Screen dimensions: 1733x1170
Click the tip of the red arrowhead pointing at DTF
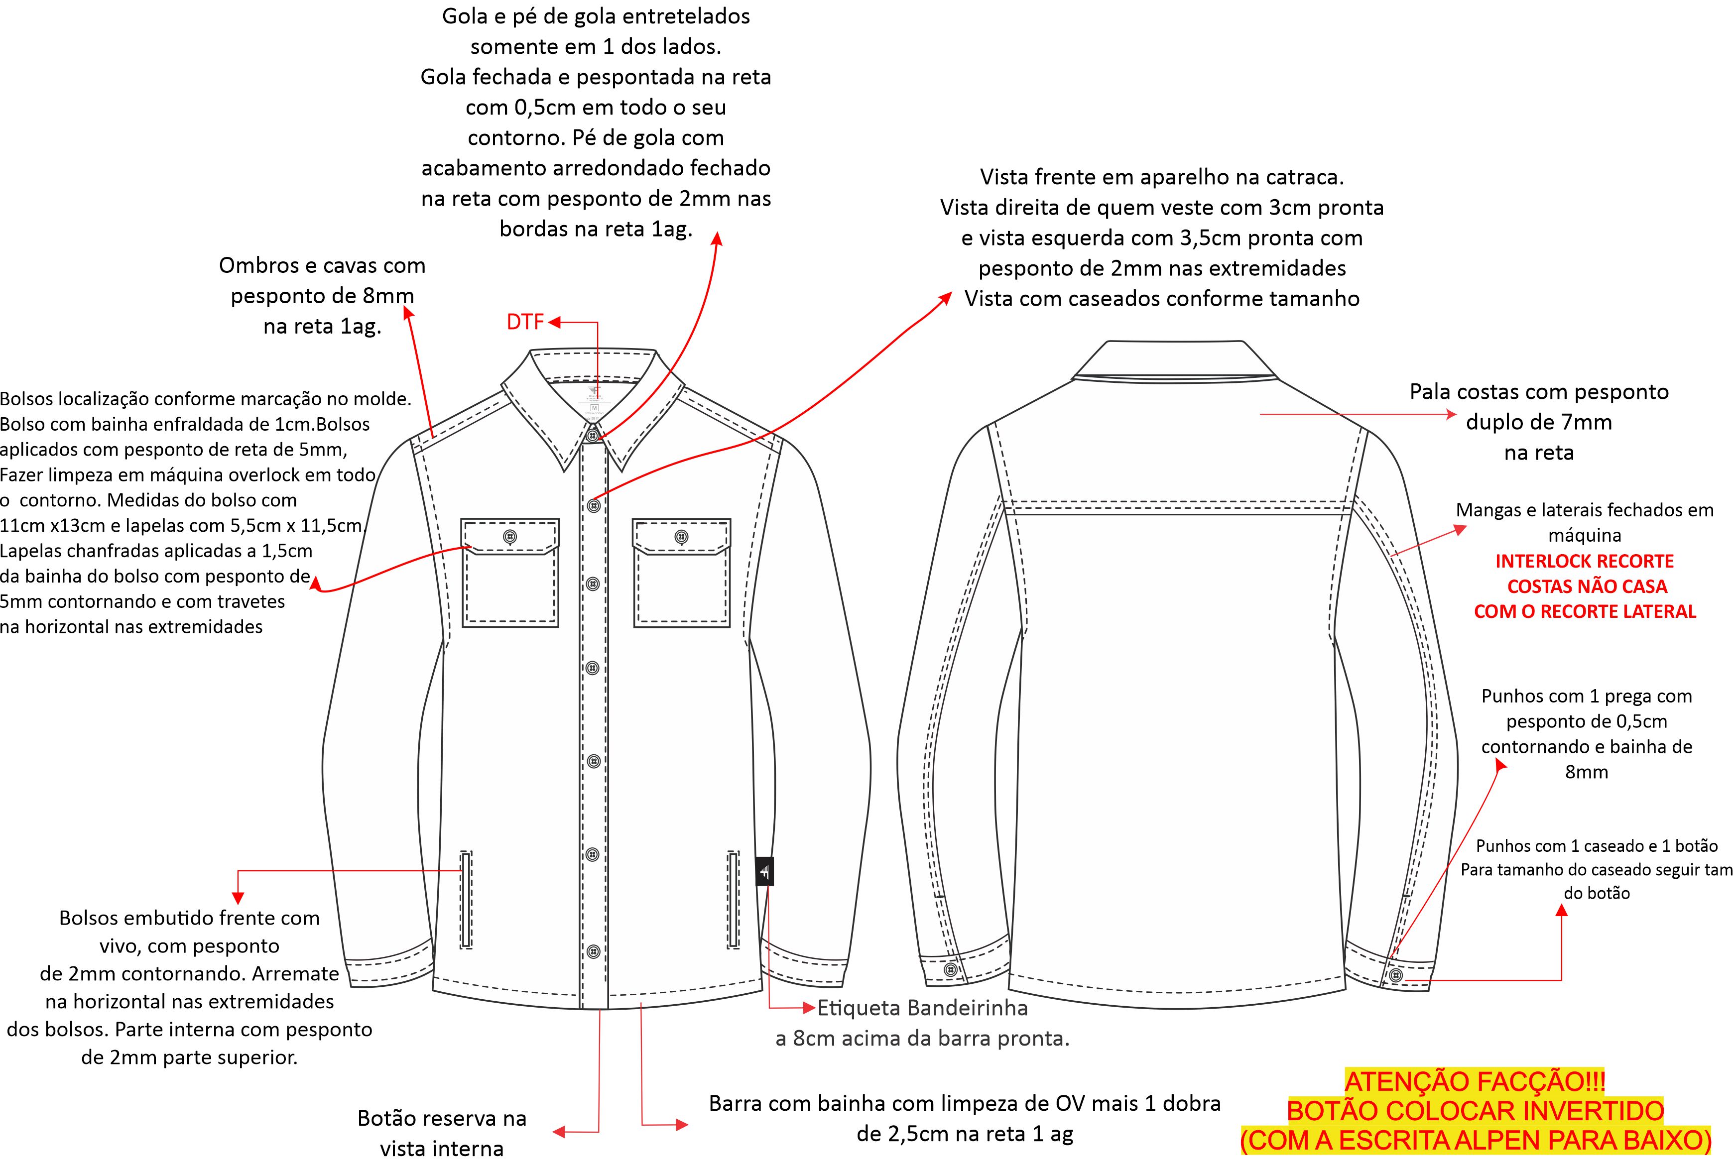coord(549,322)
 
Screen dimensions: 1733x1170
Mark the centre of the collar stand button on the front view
coord(593,436)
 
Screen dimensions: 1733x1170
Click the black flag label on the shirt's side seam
coord(764,871)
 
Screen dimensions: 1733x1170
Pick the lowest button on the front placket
coord(594,951)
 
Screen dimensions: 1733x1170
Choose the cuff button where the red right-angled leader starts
coord(1397,975)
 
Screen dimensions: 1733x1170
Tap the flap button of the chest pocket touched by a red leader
coord(510,537)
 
